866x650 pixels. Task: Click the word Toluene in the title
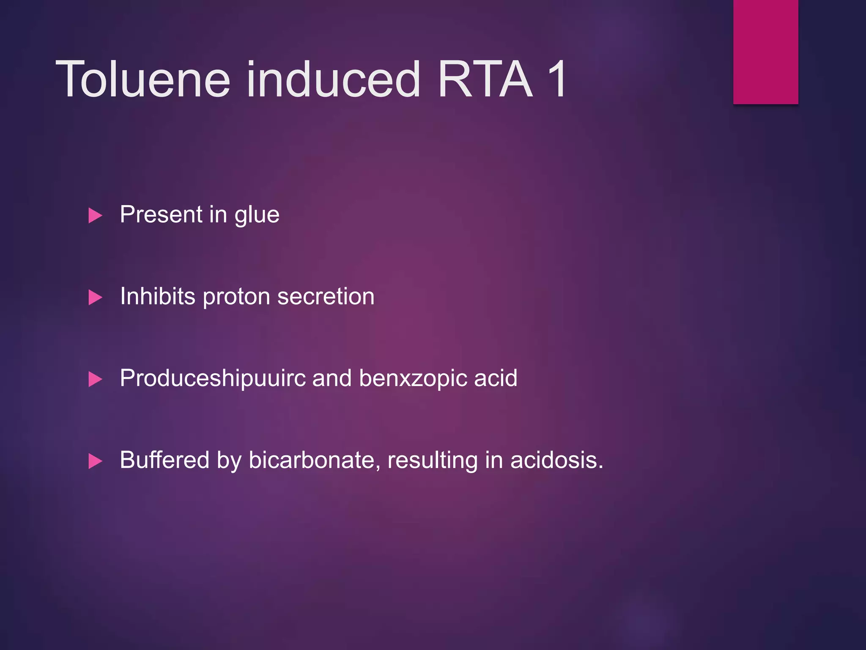click(x=143, y=80)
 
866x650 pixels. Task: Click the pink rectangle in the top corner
click(x=765, y=52)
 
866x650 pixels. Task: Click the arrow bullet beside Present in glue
click(x=95, y=215)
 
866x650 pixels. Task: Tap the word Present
click(x=161, y=214)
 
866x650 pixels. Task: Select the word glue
click(x=257, y=215)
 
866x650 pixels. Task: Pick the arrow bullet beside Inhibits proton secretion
click(x=95, y=297)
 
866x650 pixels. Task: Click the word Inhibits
click(x=158, y=296)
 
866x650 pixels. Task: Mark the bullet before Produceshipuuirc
click(x=95, y=379)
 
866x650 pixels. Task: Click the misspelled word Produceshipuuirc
click(x=213, y=378)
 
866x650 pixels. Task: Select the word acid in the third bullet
click(x=496, y=378)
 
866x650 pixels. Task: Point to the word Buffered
click(x=164, y=460)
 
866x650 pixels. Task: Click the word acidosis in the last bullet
click(x=556, y=460)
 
